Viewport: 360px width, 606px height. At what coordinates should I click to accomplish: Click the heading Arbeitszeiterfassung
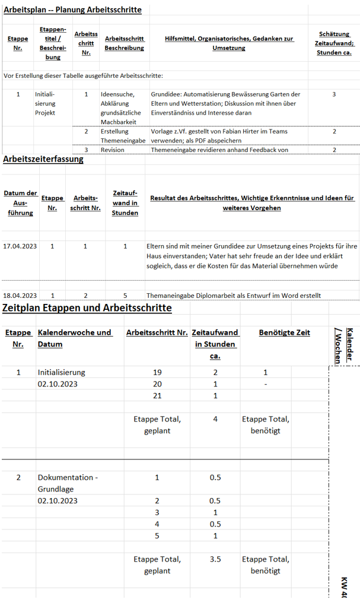click(43, 159)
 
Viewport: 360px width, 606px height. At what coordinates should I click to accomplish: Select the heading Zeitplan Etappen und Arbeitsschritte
click(87, 307)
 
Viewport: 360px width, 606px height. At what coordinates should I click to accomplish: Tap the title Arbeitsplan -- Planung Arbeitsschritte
click(72, 10)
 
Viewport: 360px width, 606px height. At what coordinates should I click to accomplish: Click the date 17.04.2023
click(20, 246)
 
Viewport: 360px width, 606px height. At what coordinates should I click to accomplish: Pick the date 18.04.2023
click(20, 295)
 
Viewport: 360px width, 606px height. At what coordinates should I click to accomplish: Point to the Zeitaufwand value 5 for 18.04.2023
click(125, 295)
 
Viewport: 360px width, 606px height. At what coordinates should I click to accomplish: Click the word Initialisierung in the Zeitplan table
click(62, 372)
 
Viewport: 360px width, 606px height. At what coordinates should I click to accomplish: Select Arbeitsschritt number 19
click(157, 372)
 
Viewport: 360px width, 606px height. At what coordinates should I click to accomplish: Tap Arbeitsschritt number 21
click(157, 395)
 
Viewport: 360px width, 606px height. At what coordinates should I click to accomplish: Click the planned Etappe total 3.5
click(215, 559)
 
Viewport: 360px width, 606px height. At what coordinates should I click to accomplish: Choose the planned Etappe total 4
click(215, 419)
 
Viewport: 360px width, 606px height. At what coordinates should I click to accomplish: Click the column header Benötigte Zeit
click(285, 332)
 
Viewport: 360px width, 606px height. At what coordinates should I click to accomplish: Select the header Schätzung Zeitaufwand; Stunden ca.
click(334, 43)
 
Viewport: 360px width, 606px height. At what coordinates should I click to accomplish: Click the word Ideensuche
click(117, 94)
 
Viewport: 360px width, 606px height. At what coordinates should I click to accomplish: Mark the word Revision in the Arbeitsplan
click(112, 150)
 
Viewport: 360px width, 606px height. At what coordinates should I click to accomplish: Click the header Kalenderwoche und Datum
click(75, 338)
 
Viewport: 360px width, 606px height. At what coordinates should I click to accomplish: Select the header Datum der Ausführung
click(21, 203)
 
